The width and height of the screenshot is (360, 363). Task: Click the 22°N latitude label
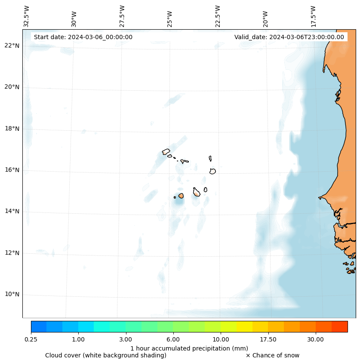click(x=12, y=46)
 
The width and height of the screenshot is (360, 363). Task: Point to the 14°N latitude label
click(x=12, y=211)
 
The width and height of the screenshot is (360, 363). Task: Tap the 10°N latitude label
click(x=12, y=295)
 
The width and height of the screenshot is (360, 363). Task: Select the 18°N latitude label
click(x=12, y=129)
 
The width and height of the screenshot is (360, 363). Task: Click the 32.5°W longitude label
click(x=27, y=16)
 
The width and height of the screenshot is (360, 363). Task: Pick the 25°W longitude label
click(x=170, y=19)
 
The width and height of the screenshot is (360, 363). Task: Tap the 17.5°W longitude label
click(x=313, y=16)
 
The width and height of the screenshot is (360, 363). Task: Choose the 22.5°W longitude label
click(x=218, y=16)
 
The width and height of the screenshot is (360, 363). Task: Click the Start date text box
click(x=83, y=37)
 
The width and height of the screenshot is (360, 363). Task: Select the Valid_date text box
click(x=289, y=37)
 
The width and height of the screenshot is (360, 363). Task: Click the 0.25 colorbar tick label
click(x=31, y=339)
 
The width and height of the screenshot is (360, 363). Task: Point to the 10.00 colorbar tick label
click(x=221, y=339)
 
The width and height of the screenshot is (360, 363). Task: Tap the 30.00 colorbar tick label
click(x=316, y=339)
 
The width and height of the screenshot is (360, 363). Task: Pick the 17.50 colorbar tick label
click(x=268, y=339)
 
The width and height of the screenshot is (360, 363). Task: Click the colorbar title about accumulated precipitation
click(x=189, y=348)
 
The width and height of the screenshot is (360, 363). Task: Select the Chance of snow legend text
click(x=273, y=355)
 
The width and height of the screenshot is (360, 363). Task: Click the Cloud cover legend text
click(x=106, y=355)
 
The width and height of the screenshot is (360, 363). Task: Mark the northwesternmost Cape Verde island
click(x=166, y=151)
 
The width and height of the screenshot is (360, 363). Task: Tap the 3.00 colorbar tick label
click(x=126, y=339)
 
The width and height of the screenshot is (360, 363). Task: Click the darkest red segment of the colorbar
click(x=340, y=326)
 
